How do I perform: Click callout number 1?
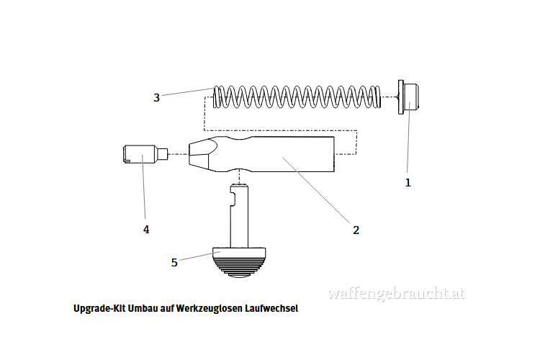click(408, 183)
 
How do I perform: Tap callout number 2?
click(356, 230)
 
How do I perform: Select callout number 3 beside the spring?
click(157, 98)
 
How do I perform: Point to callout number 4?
click(146, 230)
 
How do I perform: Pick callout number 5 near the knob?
click(174, 263)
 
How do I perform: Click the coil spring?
click(297, 96)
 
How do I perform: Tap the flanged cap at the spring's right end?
click(408, 97)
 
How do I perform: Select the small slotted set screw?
click(145, 154)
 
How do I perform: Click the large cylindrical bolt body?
click(262, 154)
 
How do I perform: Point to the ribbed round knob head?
click(239, 263)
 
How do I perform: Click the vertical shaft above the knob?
click(239, 216)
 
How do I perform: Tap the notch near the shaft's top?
click(233, 199)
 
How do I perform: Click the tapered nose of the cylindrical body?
click(203, 154)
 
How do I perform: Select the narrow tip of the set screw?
click(163, 154)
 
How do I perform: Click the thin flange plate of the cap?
click(400, 97)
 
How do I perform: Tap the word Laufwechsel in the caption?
click(271, 308)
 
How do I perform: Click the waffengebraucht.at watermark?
click(397, 294)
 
